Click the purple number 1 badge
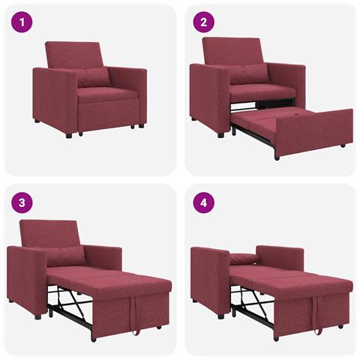[22, 22]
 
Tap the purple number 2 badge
[202, 22]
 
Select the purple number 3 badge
[22, 202]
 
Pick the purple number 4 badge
[202, 202]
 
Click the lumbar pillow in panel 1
[91, 76]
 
